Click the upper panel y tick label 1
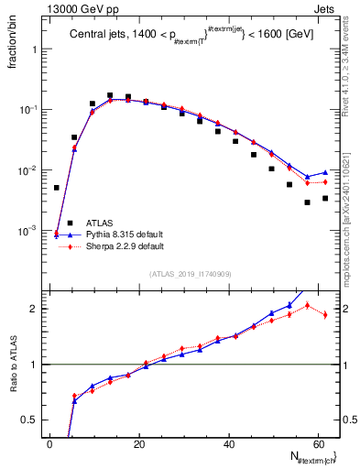coord(35,49)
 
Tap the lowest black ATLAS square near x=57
coord(307,202)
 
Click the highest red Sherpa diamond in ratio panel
coord(307,305)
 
